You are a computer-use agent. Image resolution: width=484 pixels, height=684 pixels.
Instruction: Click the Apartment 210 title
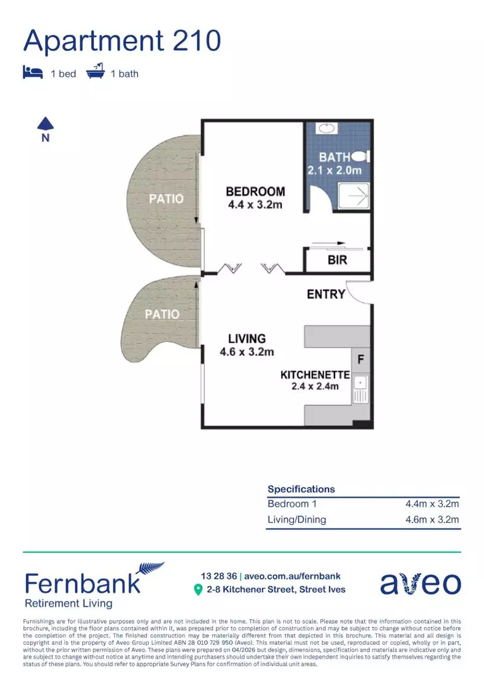[x=122, y=41]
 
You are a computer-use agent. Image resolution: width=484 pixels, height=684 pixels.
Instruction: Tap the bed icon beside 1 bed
[x=33, y=73]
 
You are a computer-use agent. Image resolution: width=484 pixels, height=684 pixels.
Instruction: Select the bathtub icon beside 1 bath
[x=95, y=72]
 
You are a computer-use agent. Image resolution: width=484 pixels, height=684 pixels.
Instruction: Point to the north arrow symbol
[x=45, y=124]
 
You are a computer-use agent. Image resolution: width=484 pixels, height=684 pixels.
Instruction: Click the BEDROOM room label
[x=255, y=191]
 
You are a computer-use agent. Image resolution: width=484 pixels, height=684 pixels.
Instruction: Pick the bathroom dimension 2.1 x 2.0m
[x=334, y=170]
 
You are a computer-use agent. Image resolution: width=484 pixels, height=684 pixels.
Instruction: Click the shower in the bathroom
[x=353, y=196]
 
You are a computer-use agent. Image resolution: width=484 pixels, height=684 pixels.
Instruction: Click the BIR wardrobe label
[x=337, y=260]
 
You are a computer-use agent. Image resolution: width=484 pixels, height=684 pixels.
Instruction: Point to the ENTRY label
[x=326, y=294]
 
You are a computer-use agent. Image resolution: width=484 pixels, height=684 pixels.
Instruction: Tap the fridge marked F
[x=360, y=358]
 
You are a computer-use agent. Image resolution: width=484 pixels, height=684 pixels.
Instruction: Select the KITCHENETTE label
[x=314, y=375]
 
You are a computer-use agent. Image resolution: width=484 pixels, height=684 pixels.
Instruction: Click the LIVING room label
[x=246, y=339]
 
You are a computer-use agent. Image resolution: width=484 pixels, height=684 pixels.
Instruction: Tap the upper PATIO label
[x=166, y=199]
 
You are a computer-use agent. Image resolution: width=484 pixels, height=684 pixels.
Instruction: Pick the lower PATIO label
[x=162, y=314]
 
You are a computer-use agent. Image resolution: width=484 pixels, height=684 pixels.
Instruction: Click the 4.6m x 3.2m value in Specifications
[x=432, y=520]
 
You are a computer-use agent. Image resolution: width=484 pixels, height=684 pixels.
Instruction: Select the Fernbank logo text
[x=82, y=583]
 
